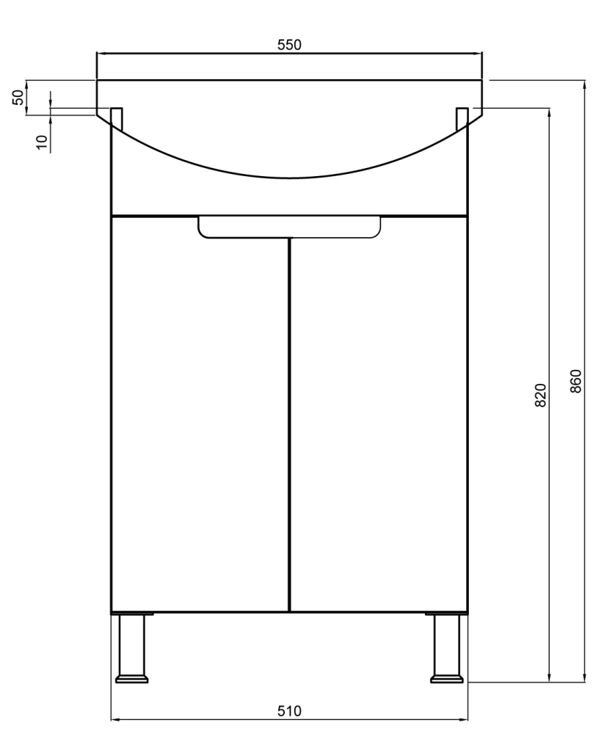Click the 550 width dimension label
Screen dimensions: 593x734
pos(289,45)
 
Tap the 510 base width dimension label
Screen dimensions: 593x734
pos(289,711)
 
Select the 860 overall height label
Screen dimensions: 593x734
pos(575,381)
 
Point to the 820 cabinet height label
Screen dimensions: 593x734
pos(540,395)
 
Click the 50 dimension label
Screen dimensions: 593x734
pos(18,98)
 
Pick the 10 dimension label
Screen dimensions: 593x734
pos(42,142)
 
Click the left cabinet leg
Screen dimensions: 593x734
pos(132,647)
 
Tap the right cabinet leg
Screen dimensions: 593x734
pos(448,647)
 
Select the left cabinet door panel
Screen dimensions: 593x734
pos(200,414)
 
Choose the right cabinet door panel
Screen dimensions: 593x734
pos(379,414)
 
